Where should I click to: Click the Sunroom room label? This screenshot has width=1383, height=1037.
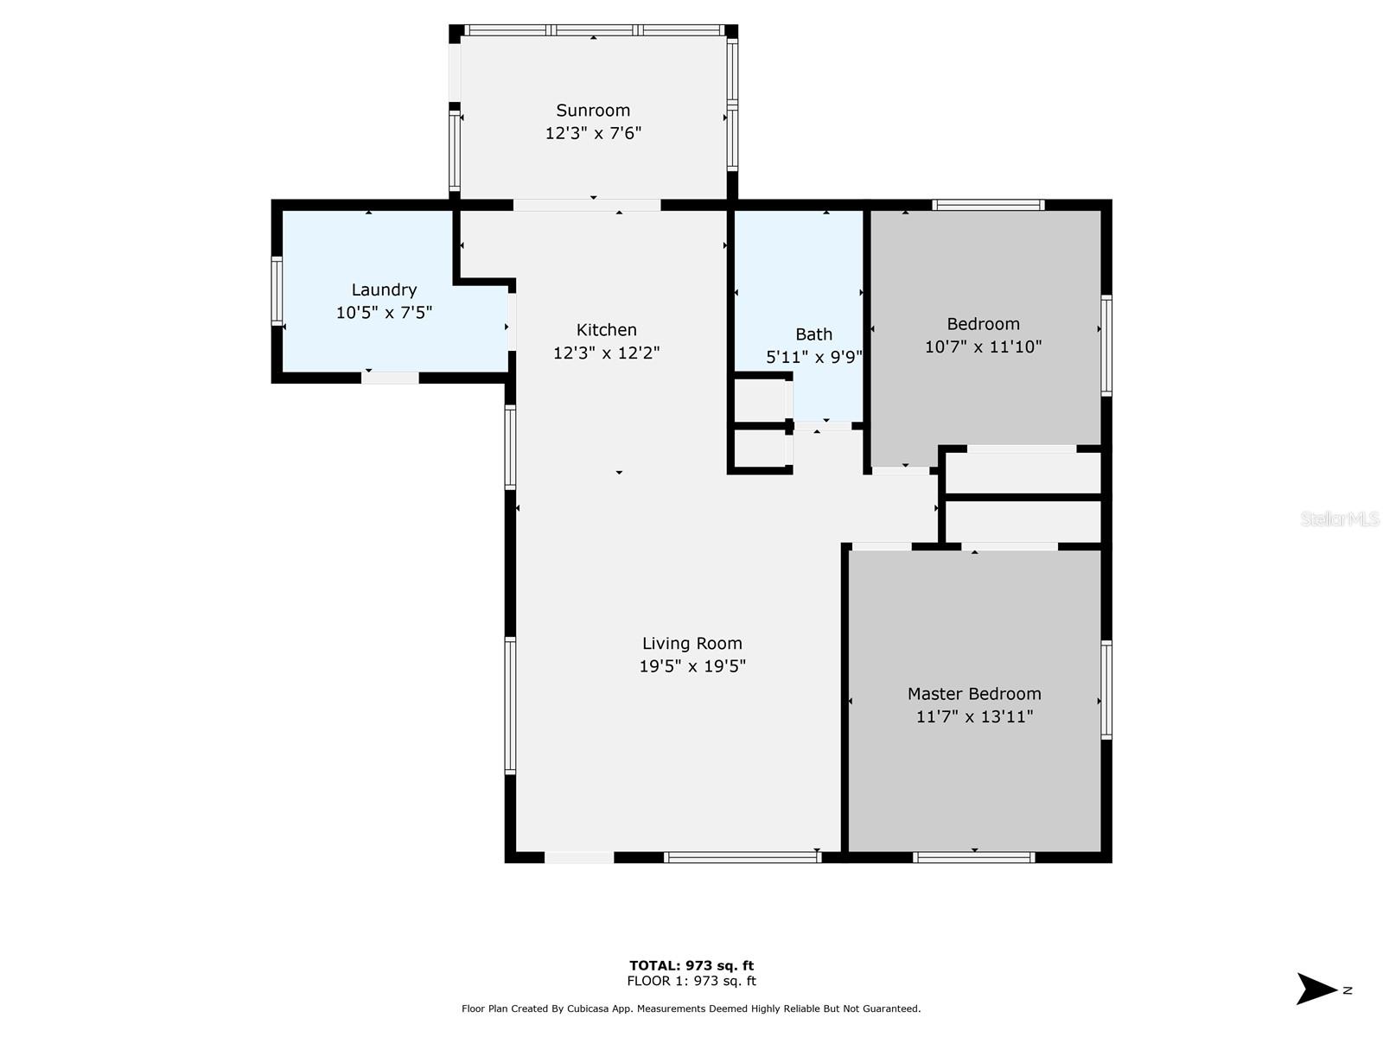593,111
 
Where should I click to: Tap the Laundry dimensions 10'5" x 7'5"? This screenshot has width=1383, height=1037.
384,312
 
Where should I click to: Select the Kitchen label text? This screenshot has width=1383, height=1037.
606,330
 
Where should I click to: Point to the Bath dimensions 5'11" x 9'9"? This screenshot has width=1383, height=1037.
813,357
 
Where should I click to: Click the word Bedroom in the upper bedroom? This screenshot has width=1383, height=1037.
983,323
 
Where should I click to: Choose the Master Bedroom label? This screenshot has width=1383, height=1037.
974,694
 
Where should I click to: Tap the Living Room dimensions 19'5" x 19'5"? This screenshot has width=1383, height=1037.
691,666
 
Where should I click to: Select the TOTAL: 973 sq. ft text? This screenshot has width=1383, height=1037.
691,965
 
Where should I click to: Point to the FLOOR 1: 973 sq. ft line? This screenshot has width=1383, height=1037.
691,981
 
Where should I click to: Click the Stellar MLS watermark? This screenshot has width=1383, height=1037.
1340,518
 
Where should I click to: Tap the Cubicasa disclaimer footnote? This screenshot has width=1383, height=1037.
691,1008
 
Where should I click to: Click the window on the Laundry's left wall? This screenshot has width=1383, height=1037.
277,291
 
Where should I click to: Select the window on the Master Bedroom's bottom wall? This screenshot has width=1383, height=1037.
973,857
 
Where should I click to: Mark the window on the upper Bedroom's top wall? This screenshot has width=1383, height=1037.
988,205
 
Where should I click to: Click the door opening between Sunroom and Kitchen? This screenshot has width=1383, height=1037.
587,206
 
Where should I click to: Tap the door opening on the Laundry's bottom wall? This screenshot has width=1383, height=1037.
390,378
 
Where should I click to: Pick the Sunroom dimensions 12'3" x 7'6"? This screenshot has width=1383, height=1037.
593,133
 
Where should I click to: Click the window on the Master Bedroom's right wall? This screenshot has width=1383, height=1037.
1106,690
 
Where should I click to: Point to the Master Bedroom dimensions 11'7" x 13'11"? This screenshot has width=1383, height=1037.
974,716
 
